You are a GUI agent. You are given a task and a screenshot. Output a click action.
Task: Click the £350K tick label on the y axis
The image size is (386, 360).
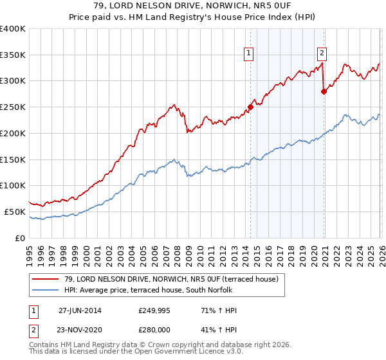[x=12, y=55]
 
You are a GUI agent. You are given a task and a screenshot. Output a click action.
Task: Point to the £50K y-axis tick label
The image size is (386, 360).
[x=14, y=212]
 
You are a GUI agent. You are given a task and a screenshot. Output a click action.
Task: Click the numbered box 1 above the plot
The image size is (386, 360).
[x=248, y=54]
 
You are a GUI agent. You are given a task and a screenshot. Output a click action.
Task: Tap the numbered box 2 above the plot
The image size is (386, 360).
[x=322, y=54]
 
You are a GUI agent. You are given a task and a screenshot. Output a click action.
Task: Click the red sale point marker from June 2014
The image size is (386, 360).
[x=250, y=107]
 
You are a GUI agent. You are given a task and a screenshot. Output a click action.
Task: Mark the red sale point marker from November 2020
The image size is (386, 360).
[x=324, y=91]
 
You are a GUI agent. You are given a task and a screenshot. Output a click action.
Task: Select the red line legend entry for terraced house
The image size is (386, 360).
[x=170, y=279]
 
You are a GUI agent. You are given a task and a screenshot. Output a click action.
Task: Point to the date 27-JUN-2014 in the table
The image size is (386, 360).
[x=80, y=310]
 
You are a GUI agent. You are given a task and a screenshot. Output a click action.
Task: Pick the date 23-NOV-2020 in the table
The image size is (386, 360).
[x=80, y=329]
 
